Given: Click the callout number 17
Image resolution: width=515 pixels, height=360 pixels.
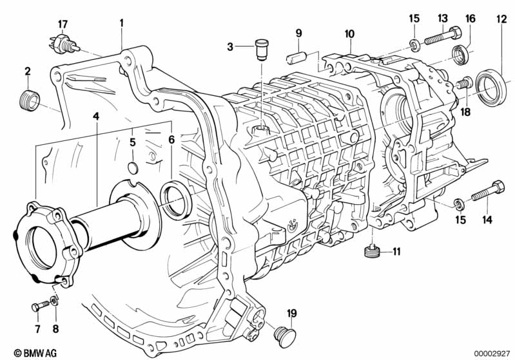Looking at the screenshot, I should [x=63, y=24].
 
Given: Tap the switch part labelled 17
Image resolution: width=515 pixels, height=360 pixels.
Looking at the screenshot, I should [x=63, y=44].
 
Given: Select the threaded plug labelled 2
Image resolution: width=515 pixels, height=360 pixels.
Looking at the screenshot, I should [x=28, y=100].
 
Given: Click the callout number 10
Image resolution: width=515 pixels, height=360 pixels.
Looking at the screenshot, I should [x=349, y=33].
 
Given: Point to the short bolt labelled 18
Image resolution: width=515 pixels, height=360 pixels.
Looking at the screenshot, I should [x=463, y=83].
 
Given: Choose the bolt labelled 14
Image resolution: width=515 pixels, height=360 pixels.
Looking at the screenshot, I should [x=488, y=192].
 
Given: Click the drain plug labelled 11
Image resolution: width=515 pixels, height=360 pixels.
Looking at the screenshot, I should [x=371, y=249].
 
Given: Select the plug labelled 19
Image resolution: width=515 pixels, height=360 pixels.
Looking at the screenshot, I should [x=284, y=335].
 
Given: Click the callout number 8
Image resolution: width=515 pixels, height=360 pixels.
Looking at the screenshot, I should [x=54, y=329].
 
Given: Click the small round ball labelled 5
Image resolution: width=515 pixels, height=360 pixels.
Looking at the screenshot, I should [x=132, y=169].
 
